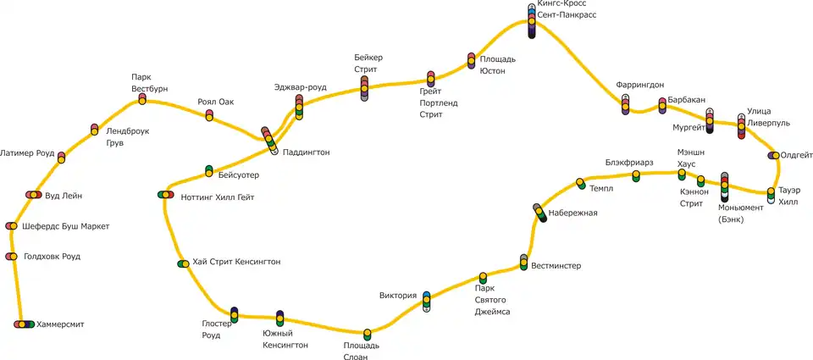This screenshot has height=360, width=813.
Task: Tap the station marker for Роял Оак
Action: pyautogui.click(x=209, y=114)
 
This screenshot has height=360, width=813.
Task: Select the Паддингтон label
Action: pyautogui.click(x=306, y=152)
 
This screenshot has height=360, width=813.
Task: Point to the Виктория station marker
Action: pyautogui.click(x=426, y=302)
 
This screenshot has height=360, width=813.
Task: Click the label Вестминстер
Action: pyautogui.click(x=556, y=266)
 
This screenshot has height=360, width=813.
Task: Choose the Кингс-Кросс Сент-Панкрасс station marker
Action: pyautogui.click(x=531, y=21)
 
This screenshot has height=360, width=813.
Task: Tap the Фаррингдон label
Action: pyautogui.click(x=641, y=85)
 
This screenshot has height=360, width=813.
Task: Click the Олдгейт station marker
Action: pyautogui.click(x=772, y=155)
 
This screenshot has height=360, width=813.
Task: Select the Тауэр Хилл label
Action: pyautogui.click(x=788, y=197)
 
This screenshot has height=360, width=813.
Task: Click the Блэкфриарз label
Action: pyautogui.click(x=628, y=162)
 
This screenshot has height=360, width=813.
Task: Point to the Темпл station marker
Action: pyautogui.click(x=581, y=183)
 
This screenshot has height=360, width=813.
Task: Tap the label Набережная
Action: pyautogui.click(x=572, y=213)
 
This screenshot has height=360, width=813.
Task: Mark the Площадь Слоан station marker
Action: pyautogui.click(x=367, y=334)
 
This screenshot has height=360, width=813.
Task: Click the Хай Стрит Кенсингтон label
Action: pyautogui.click(x=236, y=262)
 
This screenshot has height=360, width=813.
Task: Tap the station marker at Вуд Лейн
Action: pyautogui.click(x=33, y=195)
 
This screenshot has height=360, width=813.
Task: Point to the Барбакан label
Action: pyautogui.click(x=686, y=100)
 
